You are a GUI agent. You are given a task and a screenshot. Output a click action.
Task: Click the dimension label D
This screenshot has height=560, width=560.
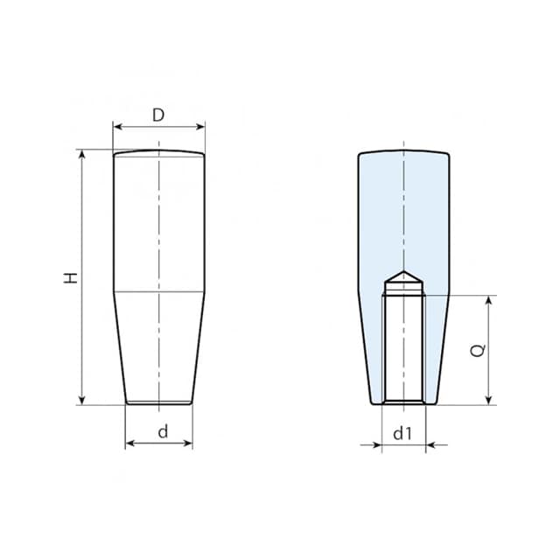[158, 115]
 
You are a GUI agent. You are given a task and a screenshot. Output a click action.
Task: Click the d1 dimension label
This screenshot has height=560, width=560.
[402, 432]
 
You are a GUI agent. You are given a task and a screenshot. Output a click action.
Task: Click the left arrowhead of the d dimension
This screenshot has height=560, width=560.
[130, 444]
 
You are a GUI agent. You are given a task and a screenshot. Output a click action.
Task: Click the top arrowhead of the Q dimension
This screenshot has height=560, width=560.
[488, 300]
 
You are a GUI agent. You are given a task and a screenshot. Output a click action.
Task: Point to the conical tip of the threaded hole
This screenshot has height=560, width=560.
[403, 278]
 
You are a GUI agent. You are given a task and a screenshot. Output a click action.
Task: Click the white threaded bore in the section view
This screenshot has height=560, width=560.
[403, 346]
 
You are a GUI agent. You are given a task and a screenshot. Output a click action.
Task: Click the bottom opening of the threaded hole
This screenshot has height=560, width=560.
[403, 402]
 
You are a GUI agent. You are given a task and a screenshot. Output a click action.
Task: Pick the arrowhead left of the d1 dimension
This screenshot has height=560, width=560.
[377, 444]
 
